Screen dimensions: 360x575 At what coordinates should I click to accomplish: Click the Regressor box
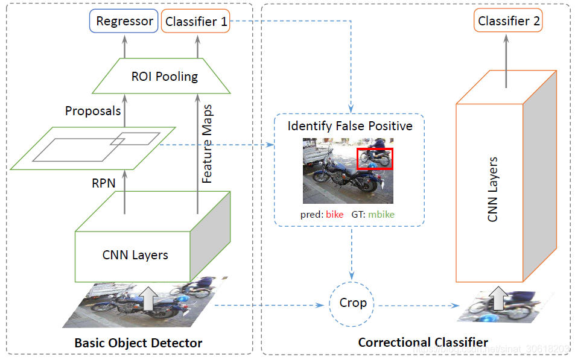124,22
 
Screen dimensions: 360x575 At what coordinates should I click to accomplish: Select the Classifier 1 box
196,22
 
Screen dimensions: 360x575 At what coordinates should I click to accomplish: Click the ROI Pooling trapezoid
161,77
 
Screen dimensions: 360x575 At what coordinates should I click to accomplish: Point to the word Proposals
93,111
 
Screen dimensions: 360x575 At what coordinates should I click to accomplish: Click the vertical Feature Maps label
208,144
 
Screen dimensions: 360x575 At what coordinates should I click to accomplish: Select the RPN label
103,183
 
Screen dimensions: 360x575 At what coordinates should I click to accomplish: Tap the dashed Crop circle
352,303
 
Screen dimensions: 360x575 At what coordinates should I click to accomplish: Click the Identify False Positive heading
350,126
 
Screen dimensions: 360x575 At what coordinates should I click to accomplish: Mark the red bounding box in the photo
375,158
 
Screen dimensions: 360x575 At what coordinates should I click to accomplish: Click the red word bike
334,214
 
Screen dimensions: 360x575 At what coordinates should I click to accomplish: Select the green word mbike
381,214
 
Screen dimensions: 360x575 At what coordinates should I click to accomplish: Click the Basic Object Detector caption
138,343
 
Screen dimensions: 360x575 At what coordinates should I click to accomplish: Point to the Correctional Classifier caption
423,343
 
